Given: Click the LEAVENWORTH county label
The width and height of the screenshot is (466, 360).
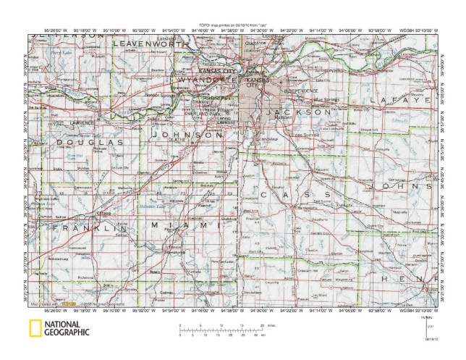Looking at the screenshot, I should click(x=148, y=44).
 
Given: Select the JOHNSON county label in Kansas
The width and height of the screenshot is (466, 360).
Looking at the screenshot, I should click(x=187, y=135).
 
